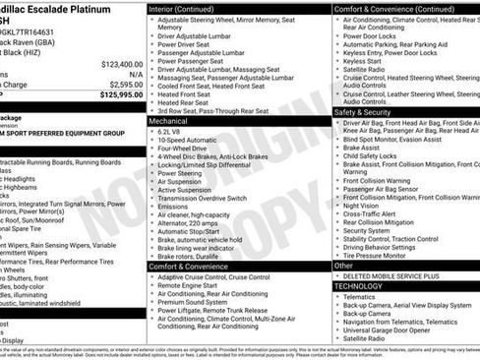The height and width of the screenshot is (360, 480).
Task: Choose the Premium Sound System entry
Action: [x=197, y=303]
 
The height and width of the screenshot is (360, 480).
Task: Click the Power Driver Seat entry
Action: [x=188, y=43]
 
